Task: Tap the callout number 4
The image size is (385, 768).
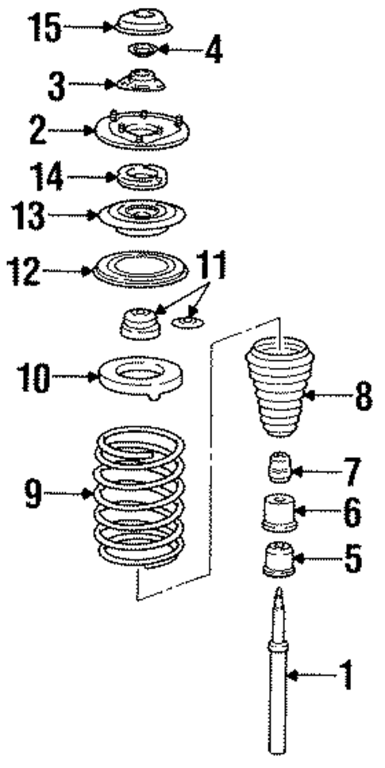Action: click(212, 51)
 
